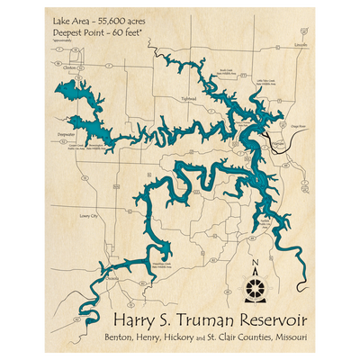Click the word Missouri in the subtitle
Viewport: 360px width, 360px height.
[286, 337]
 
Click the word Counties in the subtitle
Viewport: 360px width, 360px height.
[251, 337]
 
